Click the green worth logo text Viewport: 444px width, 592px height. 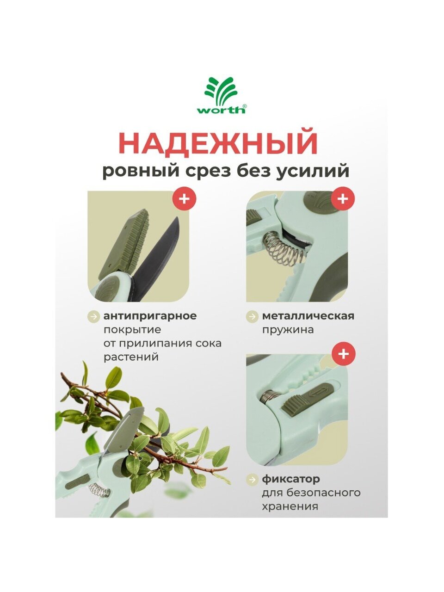tap(221, 110)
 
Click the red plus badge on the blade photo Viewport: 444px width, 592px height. tap(185, 199)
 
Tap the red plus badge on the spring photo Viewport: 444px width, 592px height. tap(343, 199)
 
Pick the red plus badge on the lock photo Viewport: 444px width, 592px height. tap(343, 354)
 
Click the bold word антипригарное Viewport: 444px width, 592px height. tap(150, 316)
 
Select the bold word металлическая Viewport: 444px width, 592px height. tap(308, 316)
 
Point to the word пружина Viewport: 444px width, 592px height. tap(288, 330)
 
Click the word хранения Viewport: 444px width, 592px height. tap(290, 506)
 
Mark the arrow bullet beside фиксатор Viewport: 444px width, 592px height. tap(253, 480)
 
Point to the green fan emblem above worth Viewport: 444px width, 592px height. tap(221, 90)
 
